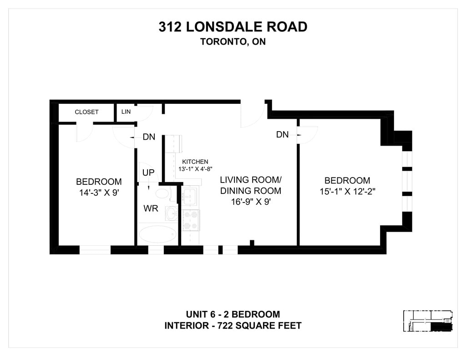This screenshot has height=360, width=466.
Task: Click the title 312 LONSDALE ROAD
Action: click(x=233, y=27)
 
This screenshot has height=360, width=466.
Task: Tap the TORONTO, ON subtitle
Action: click(x=233, y=41)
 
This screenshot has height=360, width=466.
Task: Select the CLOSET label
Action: click(x=86, y=112)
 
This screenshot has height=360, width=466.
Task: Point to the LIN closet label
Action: click(x=126, y=112)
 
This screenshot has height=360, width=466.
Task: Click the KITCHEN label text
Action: click(x=195, y=162)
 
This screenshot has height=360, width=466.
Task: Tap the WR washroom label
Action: click(x=151, y=208)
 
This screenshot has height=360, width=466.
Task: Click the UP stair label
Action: click(x=148, y=172)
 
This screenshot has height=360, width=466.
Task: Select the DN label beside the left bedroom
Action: click(x=149, y=137)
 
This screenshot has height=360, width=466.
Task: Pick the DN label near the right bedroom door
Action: click(x=282, y=135)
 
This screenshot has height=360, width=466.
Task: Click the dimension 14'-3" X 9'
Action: click(x=99, y=193)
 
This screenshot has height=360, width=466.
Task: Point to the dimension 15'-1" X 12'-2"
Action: click(x=347, y=192)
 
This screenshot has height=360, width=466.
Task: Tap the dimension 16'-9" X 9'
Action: click(x=251, y=202)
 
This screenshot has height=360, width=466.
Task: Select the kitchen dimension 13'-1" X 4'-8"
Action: click(x=195, y=169)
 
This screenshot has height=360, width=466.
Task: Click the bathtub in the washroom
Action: click(x=157, y=234)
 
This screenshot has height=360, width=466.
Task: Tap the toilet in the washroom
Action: click(x=162, y=193)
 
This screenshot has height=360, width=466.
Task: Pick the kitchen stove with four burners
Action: click(x=191, y=220)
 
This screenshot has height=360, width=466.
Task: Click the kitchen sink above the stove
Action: click(x=189, y=196)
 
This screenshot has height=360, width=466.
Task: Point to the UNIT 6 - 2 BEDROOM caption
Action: click(x=233, y=314)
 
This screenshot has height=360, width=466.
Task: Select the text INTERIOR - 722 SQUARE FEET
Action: click(x=233, y=326)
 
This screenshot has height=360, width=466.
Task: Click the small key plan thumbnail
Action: click(x=428, y=321)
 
